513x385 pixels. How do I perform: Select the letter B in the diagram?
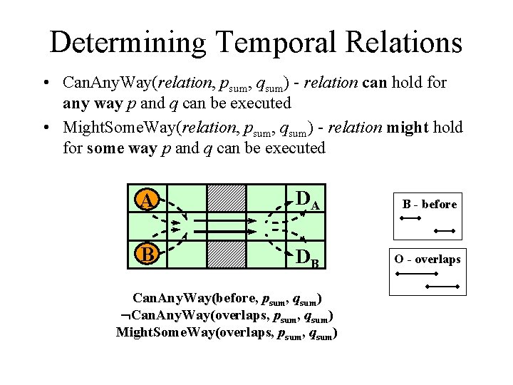[x=145, y=254]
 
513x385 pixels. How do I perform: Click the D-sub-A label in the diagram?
[x=306, y=202]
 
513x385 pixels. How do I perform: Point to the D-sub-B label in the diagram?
[x=306, y=256]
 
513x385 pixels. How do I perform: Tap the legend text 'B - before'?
[x=430, y=205]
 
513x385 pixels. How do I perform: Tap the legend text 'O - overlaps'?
[x=428, y=259]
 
